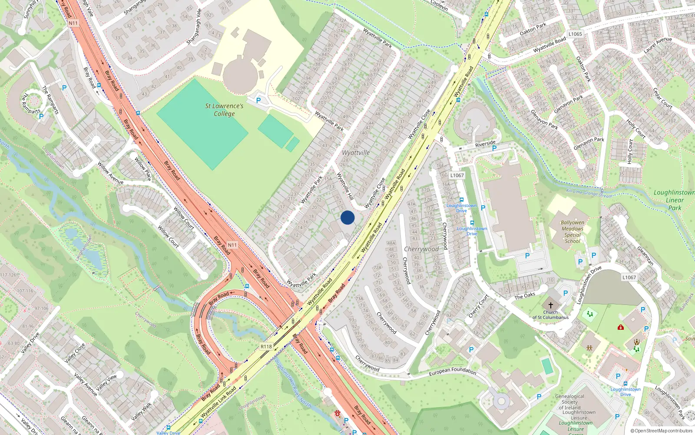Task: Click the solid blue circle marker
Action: [x=347, y=217]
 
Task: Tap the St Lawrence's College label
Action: [x=224, y=110]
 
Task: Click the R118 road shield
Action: [x=266, y=347]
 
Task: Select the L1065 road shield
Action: [x=575, y=34]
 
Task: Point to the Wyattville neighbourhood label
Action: [x=356, y=153]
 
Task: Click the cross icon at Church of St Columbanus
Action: [x=551, y=305]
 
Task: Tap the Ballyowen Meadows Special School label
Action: [x=573, y=232]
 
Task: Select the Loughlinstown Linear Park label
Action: [x=674, y=200]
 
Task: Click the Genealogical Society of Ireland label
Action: [x=570, y=402]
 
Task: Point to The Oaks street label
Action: [x=525, y=296]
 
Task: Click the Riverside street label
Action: [x=485, y=144]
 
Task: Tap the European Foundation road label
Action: [x=453, y=371]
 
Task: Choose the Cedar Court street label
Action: [x=662, y=98]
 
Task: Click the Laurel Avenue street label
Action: [x=658, y=45]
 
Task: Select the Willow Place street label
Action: [x=142, y=169]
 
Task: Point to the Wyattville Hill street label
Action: [x=345, y=187]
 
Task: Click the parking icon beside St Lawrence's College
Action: [x=258, y=100]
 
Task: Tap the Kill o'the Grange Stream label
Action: [x=589, y=194]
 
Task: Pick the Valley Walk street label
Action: [x=142, y=412]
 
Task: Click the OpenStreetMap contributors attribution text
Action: [x=662, y=431]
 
